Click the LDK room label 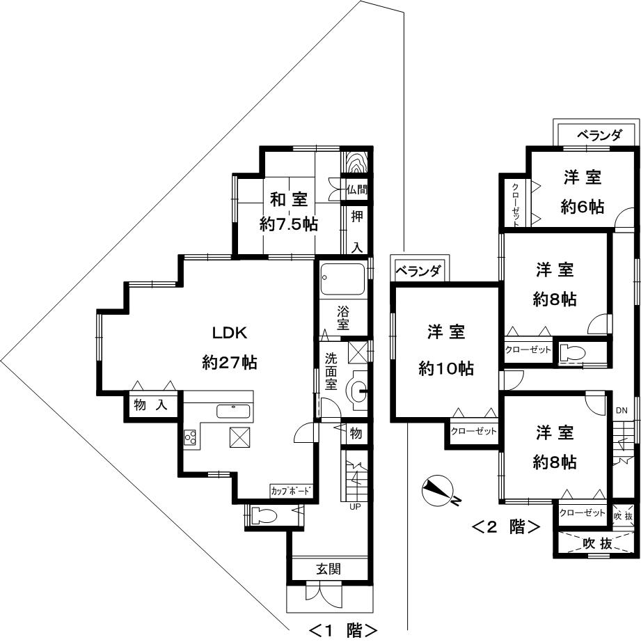coord(230,332)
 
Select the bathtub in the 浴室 coord(342,279)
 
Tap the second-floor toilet coord(572,352)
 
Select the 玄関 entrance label coord(329,569)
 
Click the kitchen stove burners coord(190,437)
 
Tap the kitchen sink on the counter coord(233,411)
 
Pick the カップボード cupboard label coord(291,491)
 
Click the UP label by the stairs coord(355,507)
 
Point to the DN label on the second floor coord(622,411)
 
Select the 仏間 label coord(356,189)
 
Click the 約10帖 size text coord(446,368)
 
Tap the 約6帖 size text coord(582,207)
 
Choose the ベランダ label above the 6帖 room coord(599,135)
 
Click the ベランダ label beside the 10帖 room coord(418,271)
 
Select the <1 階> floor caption coord(342,629)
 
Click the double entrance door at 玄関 coord(318,597)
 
